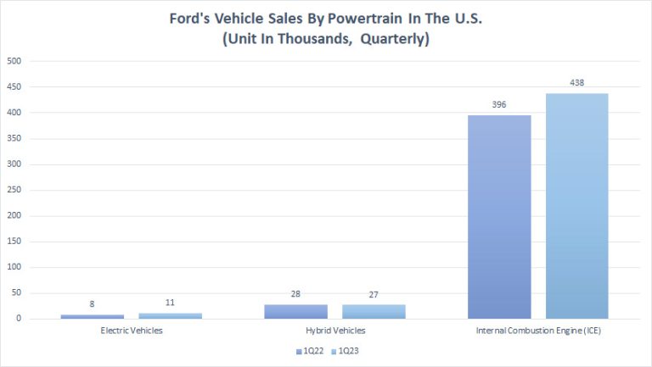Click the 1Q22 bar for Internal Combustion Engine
click(499, 217)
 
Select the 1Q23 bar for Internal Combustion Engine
click(576, 206)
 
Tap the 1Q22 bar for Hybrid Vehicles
click(295, 311)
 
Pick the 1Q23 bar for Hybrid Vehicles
click(374, 312)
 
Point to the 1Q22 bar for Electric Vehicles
click(92, 316)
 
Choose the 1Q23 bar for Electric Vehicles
click(170, 315)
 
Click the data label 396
click(499, 104)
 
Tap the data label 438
click(576, 83)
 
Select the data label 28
click(295, 293)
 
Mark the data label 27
click(374, 294)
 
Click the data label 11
click(170, 303)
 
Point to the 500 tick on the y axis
click(14, 61)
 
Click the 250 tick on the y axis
click(14, 190)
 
